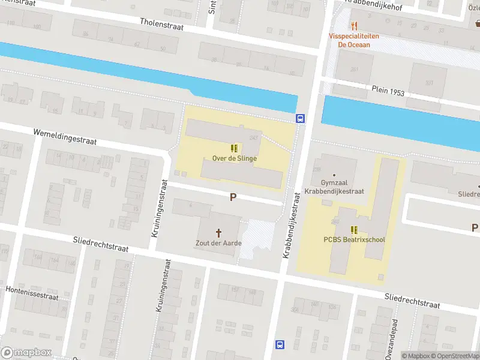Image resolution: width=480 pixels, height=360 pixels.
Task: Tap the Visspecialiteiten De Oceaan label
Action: (354, 40)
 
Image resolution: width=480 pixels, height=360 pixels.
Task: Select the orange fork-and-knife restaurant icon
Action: (354, 26)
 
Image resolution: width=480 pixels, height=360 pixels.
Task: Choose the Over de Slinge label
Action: (235, 158)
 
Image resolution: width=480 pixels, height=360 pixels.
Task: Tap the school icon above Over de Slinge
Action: (235, 148)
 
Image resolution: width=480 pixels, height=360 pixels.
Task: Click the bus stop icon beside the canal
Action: (300, 118)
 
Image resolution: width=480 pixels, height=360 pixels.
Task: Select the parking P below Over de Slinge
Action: (233, 197)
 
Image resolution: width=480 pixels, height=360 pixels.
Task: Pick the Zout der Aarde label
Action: (218, 243)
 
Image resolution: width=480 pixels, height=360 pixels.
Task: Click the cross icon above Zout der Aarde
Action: (218, 232)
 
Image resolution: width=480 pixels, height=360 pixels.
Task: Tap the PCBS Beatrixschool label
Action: (354, 239)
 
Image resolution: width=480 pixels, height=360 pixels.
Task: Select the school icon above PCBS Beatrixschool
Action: (354, 229)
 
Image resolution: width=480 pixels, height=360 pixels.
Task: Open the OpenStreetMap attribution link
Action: (458, 356)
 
